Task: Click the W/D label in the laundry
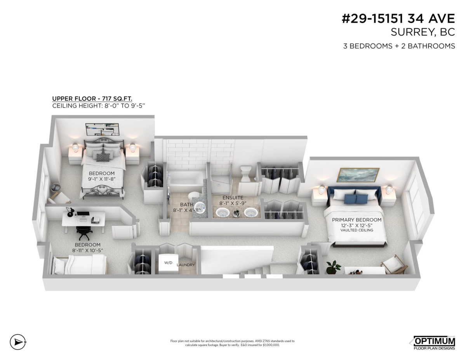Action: (168, 263)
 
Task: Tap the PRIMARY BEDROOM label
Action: (356, 220)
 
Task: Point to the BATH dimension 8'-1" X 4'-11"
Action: (187, 210)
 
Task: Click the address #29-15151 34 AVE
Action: (398, 19)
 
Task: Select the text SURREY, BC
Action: (423, 32)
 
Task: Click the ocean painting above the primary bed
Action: (358, 175)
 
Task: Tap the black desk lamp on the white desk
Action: (70, 211)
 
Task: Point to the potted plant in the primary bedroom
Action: (333, 267)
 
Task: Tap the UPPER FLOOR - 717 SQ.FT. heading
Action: (92, 99)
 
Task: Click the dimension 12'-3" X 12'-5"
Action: (356, 225)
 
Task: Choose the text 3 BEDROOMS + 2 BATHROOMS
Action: (399, 46)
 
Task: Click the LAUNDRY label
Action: (186, 265)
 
